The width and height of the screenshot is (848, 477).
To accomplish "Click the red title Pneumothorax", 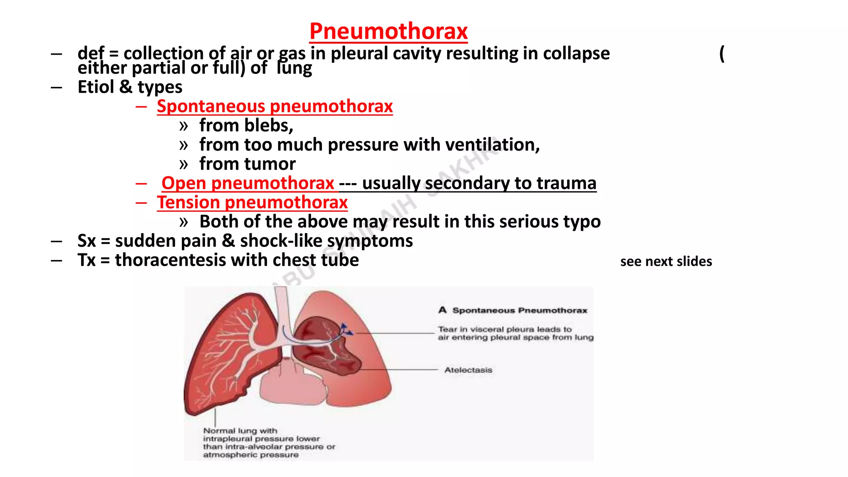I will (x=388, y=31).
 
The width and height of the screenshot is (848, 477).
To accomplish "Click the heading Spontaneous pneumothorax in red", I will (x=275, y=106).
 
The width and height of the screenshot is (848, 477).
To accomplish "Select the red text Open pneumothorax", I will (x=248, y=183).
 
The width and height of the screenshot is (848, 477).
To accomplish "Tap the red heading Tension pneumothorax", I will (x=252, y=202).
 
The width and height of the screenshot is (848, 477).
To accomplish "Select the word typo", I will (x=582, y=222).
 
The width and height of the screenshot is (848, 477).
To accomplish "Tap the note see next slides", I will (x=666, y=262).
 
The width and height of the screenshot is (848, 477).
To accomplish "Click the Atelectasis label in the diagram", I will (x=468, y=370).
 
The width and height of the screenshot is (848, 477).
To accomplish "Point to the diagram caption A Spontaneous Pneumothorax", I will (x=513, y=310).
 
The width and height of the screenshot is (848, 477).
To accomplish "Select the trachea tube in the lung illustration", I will (x=282, y=306).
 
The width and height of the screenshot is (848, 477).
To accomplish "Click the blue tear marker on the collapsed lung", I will (x=345, y=330).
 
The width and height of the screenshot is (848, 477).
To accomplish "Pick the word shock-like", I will (x=275, y=241).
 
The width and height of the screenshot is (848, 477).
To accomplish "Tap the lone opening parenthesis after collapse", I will (x=722, y=54).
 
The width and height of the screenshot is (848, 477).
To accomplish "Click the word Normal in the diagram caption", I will (x=218, y=431).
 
